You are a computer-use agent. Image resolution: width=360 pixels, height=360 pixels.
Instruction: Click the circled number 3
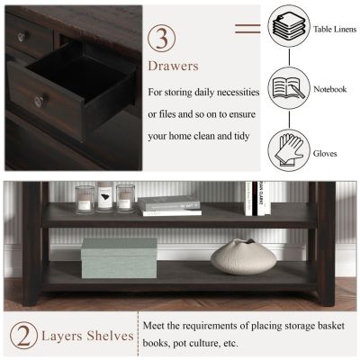pyautogui.click(x=162, y=39)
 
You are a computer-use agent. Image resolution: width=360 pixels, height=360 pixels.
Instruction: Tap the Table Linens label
pyautogui.click(x=332, y=29)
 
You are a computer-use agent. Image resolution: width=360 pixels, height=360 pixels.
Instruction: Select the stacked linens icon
pyautogui.click(x=288, y=27)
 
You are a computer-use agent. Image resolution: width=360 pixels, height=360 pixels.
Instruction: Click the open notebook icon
pyautogui.click(x=288, y=88)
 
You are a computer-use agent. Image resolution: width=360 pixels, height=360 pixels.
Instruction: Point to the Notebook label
pyautogui.click(x=328, y=89)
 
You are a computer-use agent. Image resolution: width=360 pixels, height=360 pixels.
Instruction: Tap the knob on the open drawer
pyautogui.click(x=40, y=101)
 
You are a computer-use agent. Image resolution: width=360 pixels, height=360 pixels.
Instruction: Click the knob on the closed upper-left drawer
pyautogui.click(x=22, y=37)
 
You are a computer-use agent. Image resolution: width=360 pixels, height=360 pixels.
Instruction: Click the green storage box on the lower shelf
pyautogui.click(x=119, y=258)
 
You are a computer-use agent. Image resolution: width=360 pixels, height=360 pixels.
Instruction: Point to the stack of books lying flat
pyautogui.click(x=170, y=206)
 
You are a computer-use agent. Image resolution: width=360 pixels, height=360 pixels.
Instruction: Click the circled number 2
pyautogui.click(x=23, y=336)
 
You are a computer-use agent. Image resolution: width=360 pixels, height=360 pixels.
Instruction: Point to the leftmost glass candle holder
pyautogui.click(x=85, y=199)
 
